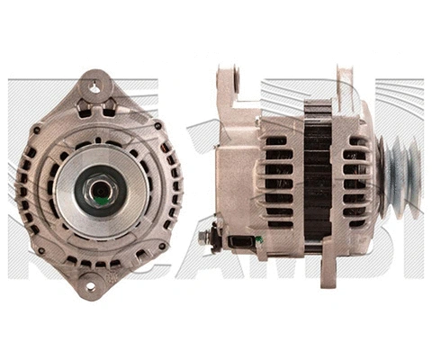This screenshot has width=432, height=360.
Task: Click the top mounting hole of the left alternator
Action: coord(93,87)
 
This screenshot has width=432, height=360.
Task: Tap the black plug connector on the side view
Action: coord(240,240)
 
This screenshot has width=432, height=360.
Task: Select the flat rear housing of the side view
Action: coord(236,171)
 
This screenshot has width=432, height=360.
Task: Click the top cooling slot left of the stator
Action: coord(276,141)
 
